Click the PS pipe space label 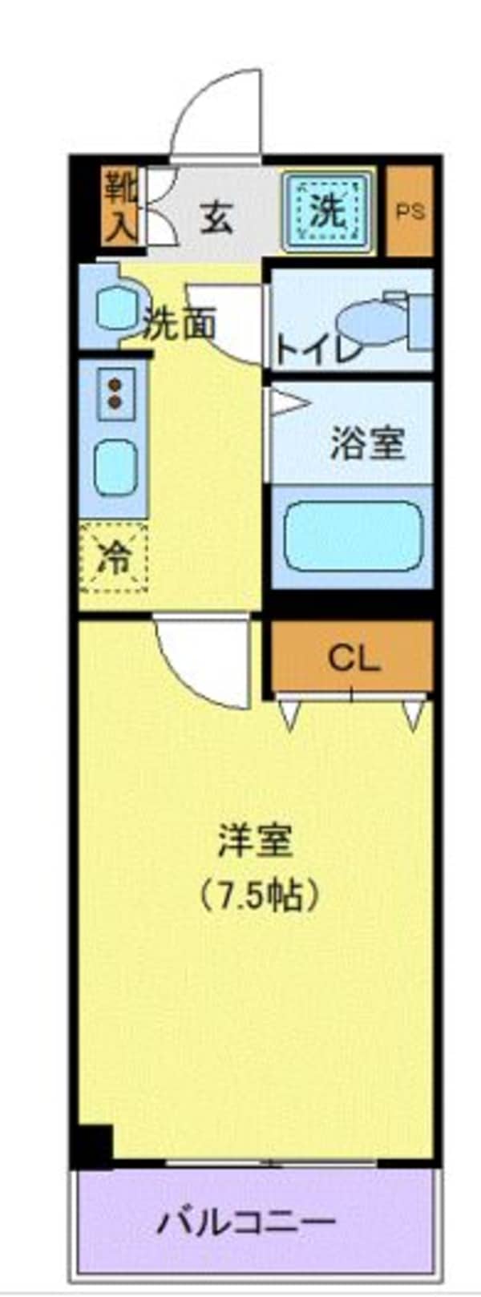pos(410,212)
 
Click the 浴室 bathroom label pos(367,443)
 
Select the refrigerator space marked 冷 pos(114,557)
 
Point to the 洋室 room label pos(255,841)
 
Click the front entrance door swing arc pos(216,112)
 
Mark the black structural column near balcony pos(93,1145)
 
